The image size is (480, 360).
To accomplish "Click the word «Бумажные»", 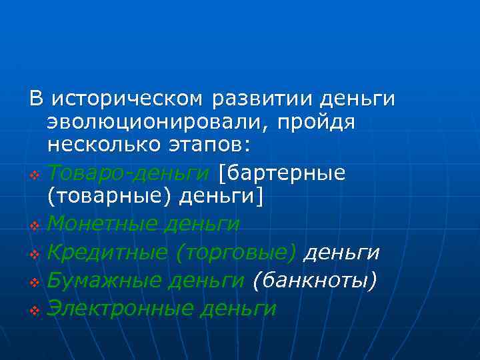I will (105, 281).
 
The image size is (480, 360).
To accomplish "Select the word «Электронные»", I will (123, 308).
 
